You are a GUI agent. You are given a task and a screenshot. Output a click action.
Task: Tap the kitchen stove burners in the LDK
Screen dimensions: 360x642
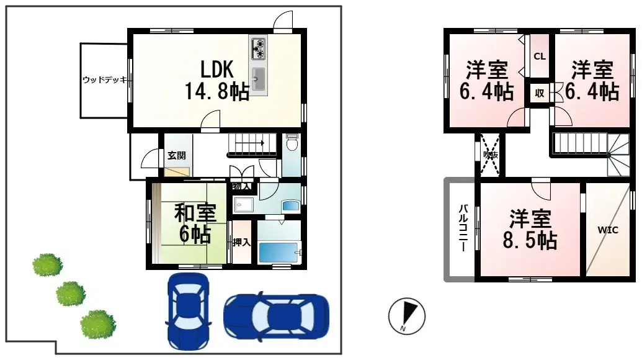click(x=257, y=48)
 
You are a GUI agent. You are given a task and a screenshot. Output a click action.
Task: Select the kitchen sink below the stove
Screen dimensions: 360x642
click(x=258, y=79)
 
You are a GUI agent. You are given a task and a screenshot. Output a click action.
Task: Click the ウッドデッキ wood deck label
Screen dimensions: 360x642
click(x=105, y=80)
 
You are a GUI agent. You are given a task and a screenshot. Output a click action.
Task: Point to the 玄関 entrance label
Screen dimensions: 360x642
click(x=176, y=156)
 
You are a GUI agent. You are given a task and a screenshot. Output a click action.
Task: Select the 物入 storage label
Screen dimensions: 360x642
click(x=241, y=186)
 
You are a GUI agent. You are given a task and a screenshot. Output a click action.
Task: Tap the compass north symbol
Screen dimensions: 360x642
click(x=407, y=315)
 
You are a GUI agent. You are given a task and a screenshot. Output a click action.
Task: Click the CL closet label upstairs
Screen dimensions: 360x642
click(x=539, y=56)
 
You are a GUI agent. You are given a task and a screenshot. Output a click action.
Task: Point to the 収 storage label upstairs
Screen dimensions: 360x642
click(x=539, y=94)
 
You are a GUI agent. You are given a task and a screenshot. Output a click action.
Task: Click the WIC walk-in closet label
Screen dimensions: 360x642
click(x=608, y=230)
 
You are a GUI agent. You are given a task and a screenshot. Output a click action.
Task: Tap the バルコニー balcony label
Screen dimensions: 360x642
click(x=463, y=228)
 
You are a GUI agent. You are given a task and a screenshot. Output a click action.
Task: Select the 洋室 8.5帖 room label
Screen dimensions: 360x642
click(x=530, y=229)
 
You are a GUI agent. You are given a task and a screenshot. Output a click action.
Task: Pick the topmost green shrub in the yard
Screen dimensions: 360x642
click(x=48, y=265)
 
